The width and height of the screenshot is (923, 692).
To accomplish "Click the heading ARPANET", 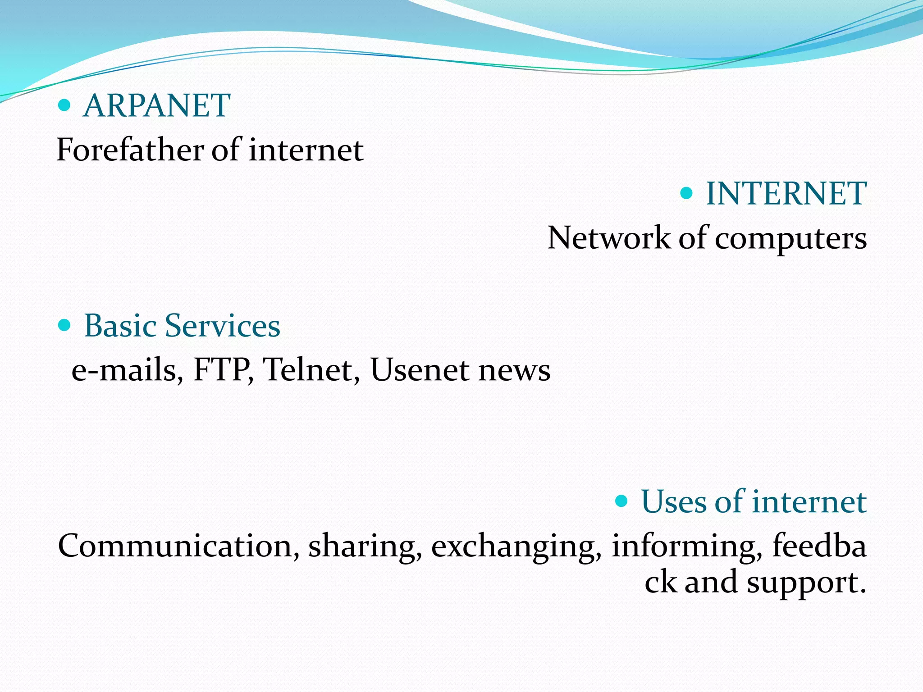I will [x=156, y=105].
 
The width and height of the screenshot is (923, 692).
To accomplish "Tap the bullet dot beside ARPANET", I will [x=65, y=105].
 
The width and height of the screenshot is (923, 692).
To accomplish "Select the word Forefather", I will [x=130, y=150].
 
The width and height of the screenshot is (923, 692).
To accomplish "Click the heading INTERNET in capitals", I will [x=786, y=194].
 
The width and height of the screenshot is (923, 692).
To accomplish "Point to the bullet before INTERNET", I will [x=686, y=194].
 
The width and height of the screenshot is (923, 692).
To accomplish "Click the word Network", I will [x=609, y=238].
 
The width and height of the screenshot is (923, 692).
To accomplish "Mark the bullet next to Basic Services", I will [x=65, y=325].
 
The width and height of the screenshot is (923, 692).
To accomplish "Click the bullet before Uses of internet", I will [x=621, y=501].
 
